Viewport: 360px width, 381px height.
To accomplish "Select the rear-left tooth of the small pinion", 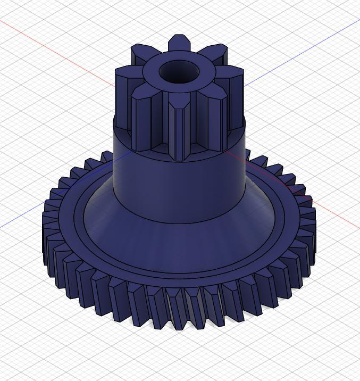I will [x=140, y=53].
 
